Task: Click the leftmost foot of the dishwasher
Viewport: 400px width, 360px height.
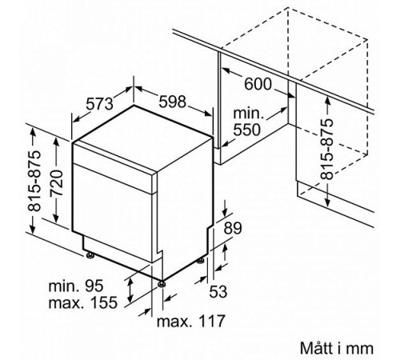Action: [x=90, y=256]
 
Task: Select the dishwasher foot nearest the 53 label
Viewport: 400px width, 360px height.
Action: [x=198, y=262]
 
